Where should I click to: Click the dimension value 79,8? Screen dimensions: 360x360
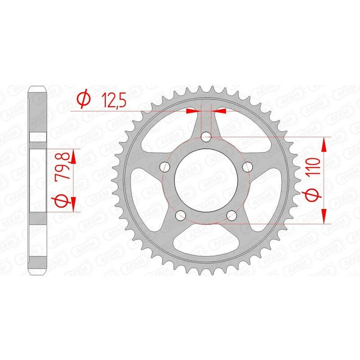[x=62, y=166]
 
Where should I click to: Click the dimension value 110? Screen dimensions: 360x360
[x=314, y=166]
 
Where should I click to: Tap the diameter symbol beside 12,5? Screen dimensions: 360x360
[x=83, y=100]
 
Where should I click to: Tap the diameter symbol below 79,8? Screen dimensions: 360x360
[x=62, y=201]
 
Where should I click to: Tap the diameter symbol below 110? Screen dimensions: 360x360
[x=313, y=195]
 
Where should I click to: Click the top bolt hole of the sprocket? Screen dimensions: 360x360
[x=206, y=137]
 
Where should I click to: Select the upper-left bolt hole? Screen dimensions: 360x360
[x=165, y=166]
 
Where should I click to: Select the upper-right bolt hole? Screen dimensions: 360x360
[x=247, y=166]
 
